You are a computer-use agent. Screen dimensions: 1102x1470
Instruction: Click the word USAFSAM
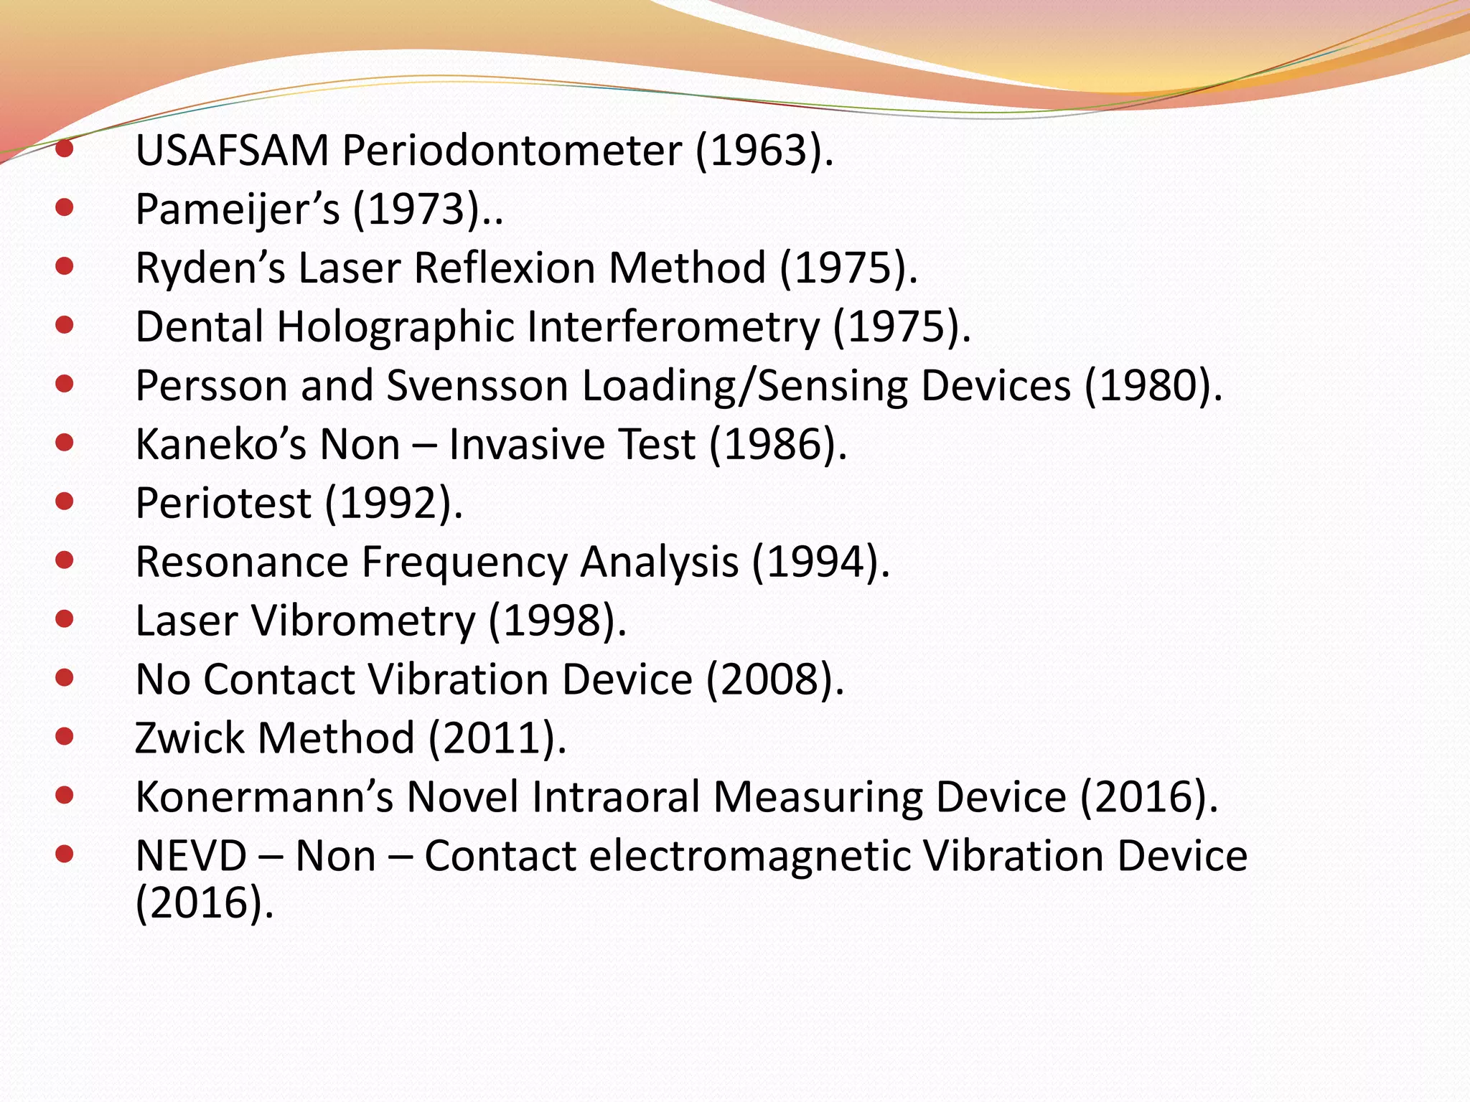pyautogui.click(x=232, y=151)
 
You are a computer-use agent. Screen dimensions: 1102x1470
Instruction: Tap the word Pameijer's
pyautogui.click(x=237, y=210)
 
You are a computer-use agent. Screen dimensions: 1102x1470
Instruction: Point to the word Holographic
pyautogui.click(x=396, y=328)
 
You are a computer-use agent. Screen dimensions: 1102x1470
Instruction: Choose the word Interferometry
pyautogui.click(x=673, y=328)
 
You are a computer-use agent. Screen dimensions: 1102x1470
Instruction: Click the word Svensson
pyautogui.click(x=477, y=387)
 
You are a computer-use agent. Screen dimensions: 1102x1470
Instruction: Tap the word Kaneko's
pyautogui.click(x=221, y=446)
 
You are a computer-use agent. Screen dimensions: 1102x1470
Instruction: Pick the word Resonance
pyautogui.click(x=242, y=562)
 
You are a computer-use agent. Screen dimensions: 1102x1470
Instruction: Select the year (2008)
pyautogui.click(x=774, y=680)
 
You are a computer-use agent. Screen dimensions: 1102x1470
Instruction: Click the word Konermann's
pyautogui.click(x=264, y=798)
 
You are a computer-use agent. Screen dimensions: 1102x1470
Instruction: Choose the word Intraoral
pyautogui.click(x=616, y=798)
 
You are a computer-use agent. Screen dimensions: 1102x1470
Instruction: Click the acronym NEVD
pyautogui.click(x=191, y=857)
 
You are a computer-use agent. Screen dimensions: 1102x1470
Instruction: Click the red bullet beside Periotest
pyautogui.click(x=65, y=501)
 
